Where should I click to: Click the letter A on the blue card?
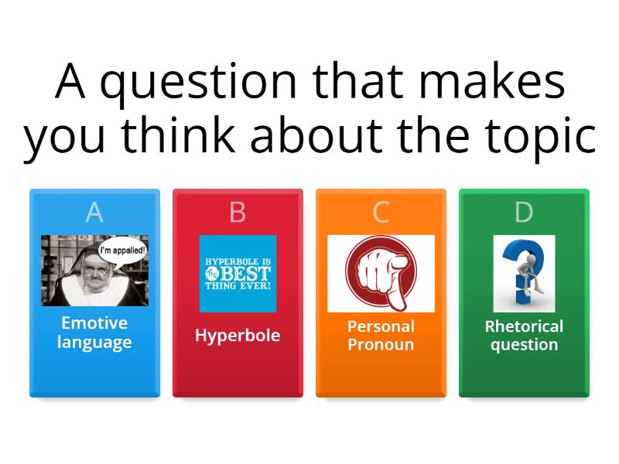94,212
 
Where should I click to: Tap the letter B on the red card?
238,212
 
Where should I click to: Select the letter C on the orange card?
381,212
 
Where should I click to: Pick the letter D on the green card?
524,212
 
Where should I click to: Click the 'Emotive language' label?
94,333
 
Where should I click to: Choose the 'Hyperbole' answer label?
238,336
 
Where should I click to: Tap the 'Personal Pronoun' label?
381,336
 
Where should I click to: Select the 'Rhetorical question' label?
524,336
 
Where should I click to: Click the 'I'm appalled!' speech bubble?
122,251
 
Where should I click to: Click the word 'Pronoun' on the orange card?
381,345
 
